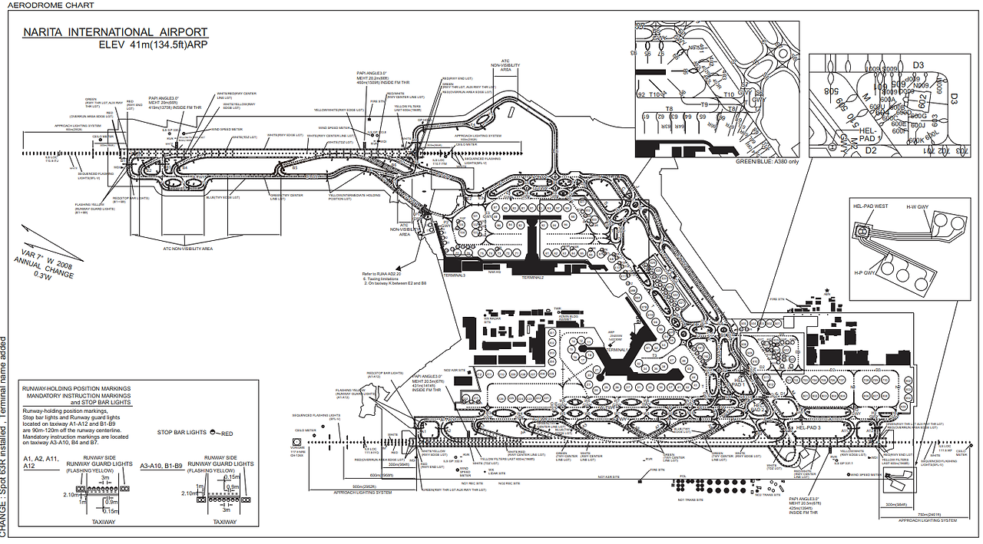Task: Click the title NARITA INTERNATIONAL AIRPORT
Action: (115, 32)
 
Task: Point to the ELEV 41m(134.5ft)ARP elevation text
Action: (153, 45)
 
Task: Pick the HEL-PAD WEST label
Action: (870, 206)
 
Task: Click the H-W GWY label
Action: (917, 206)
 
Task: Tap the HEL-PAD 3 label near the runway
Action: (809, 427)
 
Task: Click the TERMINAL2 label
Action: (538, 277)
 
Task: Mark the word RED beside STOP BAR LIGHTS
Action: (227, 434)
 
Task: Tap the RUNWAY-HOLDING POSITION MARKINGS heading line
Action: (78, 389)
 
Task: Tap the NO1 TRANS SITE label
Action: (690, 499)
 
